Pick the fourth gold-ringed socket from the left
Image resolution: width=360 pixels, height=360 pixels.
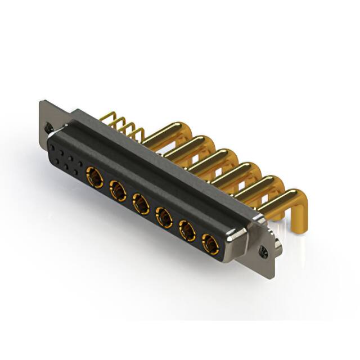164,217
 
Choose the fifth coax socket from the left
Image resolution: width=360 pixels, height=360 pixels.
187,229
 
